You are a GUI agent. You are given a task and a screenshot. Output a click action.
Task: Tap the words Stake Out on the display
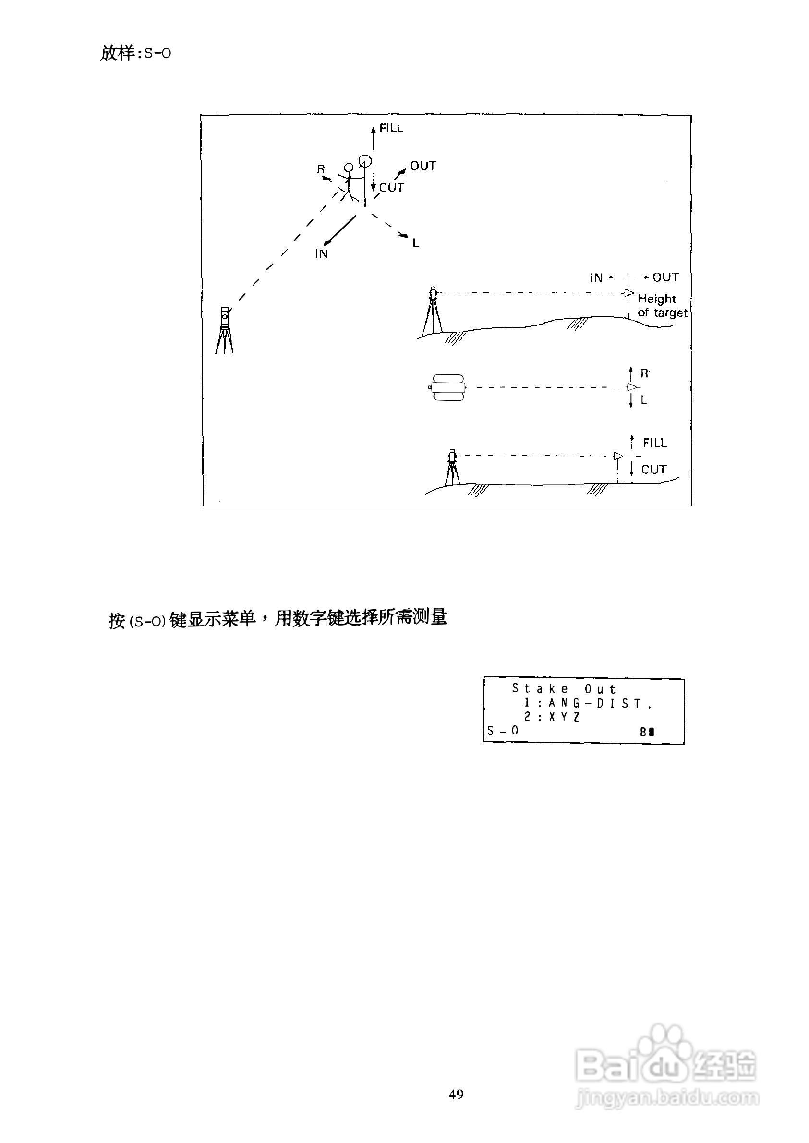tap(565, 689)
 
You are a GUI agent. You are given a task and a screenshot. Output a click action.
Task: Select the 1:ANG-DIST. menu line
tap(588, 703)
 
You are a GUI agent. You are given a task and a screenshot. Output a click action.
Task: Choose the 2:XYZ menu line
tap(552, 717)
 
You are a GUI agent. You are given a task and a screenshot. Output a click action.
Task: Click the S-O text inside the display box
tap(503, 731)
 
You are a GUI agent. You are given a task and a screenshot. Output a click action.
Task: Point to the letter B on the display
tap(643, 732)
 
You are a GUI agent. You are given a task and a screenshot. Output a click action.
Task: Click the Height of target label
tap(662, 306)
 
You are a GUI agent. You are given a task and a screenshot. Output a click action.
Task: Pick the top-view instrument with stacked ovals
tap(448, 387)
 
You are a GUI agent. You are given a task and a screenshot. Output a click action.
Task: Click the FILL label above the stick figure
tap(391, 129)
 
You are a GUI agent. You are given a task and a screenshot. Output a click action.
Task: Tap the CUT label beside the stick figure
tap(392, 188)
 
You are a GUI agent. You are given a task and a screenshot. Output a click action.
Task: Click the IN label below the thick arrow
tap(321, 254)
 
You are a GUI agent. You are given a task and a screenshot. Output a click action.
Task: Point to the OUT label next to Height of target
tap(665, 277)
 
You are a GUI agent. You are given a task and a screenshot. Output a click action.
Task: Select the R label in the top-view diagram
tap(645, 373)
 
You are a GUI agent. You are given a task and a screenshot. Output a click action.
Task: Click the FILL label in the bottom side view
tap(654, 443)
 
